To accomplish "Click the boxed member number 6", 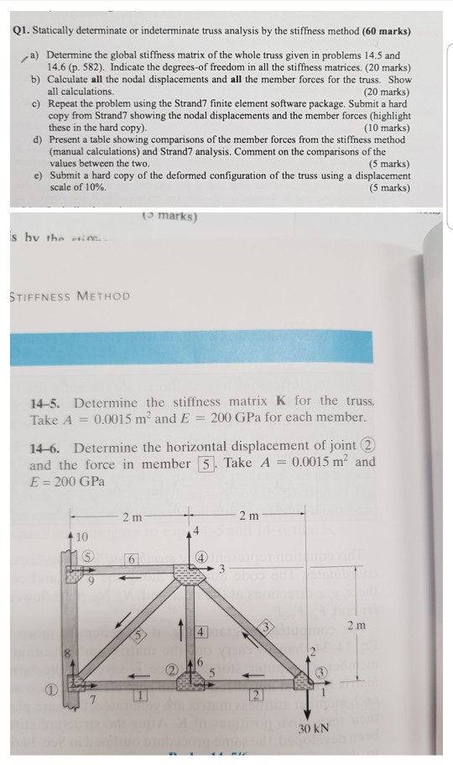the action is [x=130, y=558].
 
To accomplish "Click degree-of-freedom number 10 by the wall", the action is [x=81, y=534].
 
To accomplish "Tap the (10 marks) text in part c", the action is [x=388, y=128].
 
